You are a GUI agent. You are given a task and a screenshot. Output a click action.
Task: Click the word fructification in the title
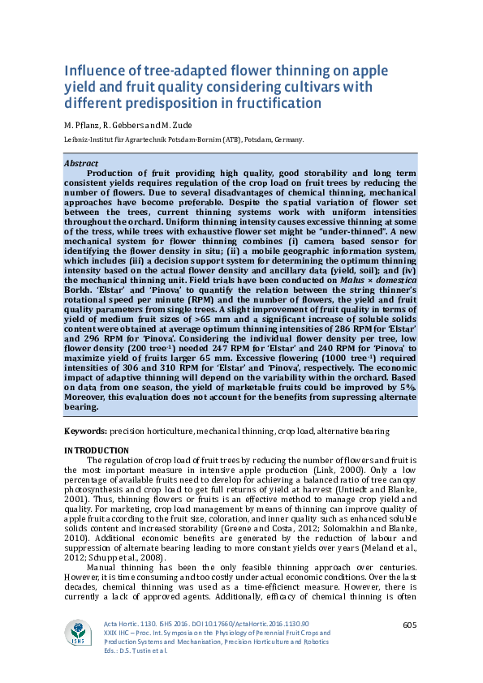[267, 104]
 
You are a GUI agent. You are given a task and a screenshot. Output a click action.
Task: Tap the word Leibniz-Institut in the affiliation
[88, 140]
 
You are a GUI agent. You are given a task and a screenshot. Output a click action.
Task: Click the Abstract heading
[81, 163]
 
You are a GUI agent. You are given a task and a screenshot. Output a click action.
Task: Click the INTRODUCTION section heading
[96, 450]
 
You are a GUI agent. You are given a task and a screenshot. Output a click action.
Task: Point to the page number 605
[409, 624]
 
